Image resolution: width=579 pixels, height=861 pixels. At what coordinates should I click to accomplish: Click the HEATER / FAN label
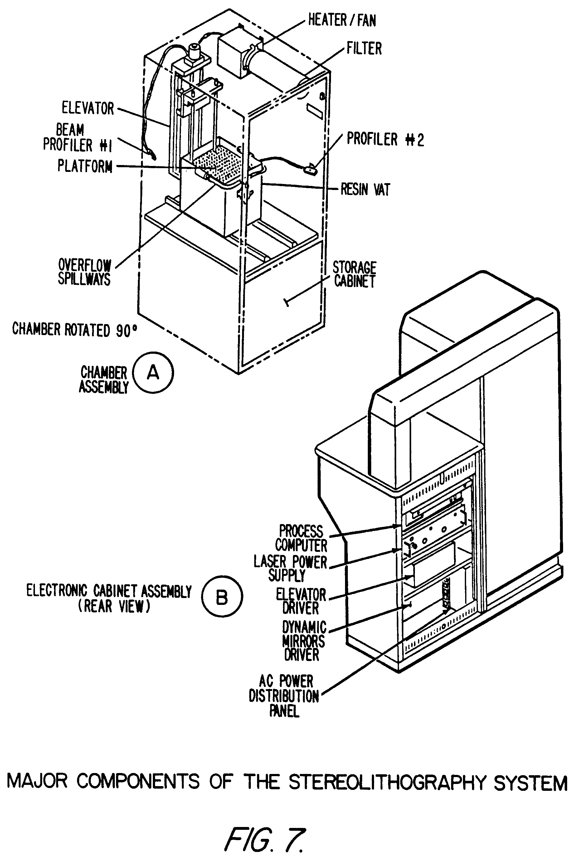342,20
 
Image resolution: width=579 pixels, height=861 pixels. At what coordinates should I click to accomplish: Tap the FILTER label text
364,48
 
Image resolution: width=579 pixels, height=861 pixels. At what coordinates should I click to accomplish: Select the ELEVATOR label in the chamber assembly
88,108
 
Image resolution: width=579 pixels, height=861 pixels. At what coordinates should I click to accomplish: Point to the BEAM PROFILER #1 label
78,137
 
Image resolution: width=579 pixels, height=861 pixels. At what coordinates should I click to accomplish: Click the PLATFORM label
85,166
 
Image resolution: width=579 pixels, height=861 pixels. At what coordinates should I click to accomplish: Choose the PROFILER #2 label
385,139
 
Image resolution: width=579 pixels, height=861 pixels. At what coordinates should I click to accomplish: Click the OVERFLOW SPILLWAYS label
85,272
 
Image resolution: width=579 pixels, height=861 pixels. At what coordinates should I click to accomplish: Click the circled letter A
153,372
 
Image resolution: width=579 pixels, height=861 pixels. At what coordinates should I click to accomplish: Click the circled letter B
222,597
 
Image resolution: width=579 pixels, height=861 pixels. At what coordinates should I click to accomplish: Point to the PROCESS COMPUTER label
301,538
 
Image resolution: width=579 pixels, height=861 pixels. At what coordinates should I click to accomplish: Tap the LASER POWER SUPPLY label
291,568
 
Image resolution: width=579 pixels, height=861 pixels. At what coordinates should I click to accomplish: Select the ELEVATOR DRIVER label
301,601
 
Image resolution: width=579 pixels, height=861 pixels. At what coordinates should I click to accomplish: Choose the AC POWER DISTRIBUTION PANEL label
284,696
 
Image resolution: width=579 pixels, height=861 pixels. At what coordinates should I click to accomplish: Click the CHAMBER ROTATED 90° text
75,329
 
